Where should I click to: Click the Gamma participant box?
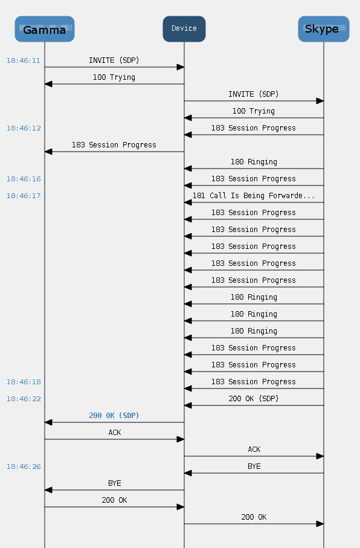pos(44,29)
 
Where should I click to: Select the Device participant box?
pos(184,29)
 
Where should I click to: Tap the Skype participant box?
pos(324,29)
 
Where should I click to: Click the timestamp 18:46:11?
pos(24,60)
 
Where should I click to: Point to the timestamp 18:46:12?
pos(24,128)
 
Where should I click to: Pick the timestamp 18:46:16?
pos(24,179)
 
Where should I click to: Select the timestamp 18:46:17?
pos(24,196)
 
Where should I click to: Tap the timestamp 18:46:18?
pos(24,382)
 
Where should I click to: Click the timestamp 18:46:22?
pos(24,399)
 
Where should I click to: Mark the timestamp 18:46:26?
pos(24,466)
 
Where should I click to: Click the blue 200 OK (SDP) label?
pos(114,416)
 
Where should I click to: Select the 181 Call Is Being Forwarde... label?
pos(254,196)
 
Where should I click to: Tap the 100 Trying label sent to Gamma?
pos(114,77)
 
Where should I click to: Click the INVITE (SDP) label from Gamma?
pos(114,60)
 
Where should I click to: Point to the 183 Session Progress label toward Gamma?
pos(114,145)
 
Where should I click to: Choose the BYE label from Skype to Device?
pos(254,466)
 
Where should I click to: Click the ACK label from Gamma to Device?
pos(115,433)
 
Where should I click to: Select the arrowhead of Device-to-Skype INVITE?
pos(320,101)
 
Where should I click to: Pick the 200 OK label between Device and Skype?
pos(254,517)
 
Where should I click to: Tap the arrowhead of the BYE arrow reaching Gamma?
pos(48,490)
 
